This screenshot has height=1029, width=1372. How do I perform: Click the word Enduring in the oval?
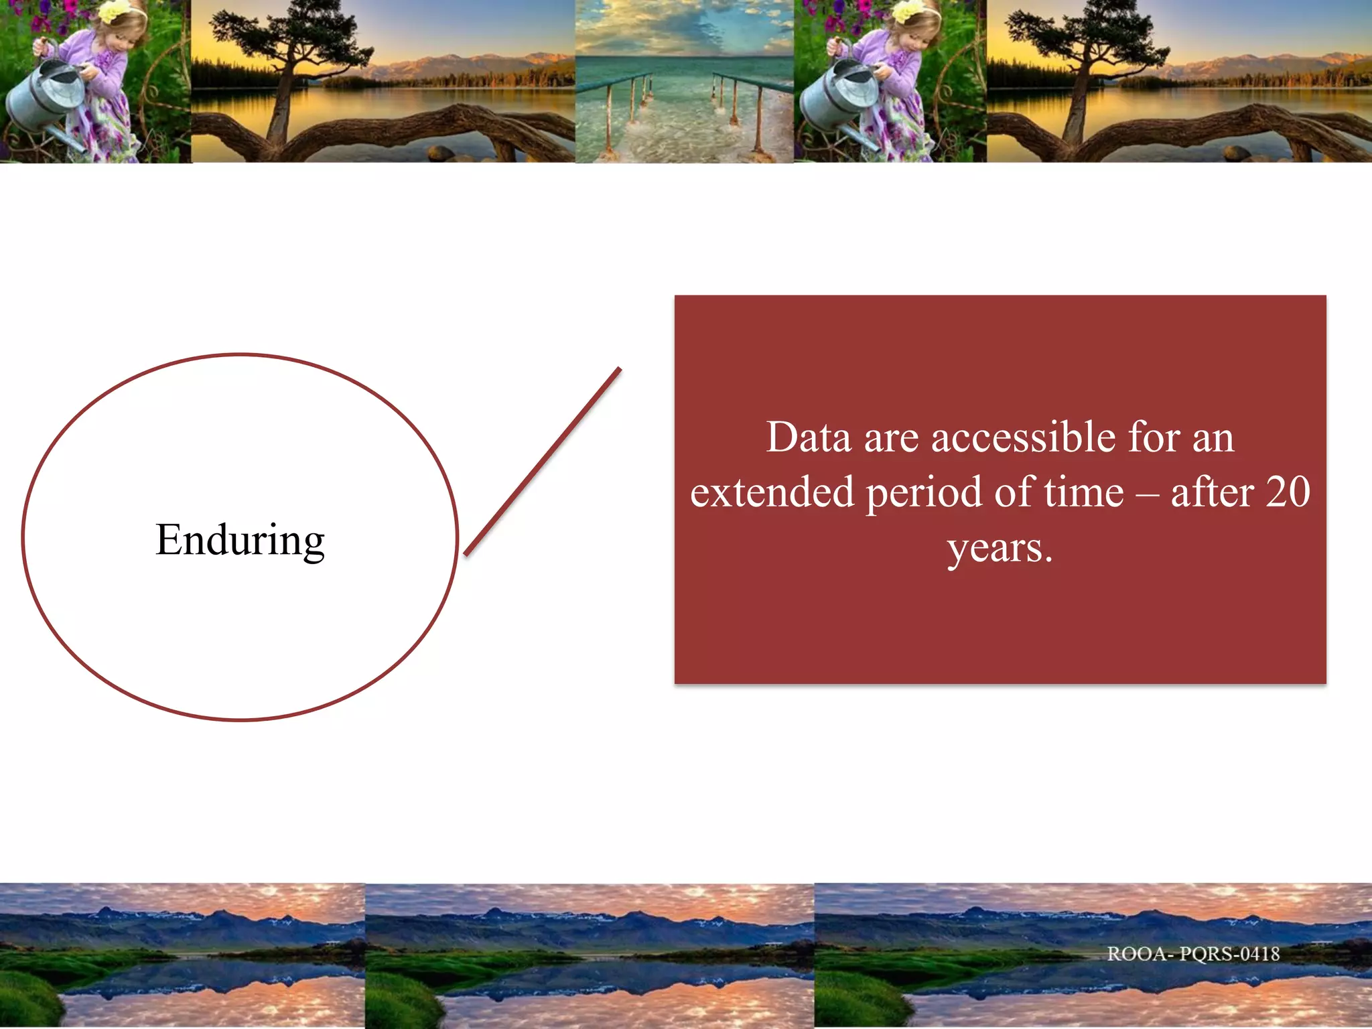tap(240, 540)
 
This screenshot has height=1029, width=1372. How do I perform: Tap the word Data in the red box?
tap(809, 437)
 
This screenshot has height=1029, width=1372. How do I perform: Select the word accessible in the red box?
tap(1023, 437)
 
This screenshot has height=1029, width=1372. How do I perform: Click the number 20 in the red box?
tap(1288, 492)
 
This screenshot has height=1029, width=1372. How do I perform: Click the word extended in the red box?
tap(772, 492)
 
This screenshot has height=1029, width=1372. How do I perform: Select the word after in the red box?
tap(1212, 492)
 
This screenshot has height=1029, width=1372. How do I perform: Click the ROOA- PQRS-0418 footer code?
tap(1193, 953)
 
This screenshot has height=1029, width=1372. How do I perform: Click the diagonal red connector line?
tap(543, 462)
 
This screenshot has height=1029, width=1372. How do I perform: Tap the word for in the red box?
tap(1154, 437)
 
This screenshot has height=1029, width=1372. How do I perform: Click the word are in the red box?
tap(891, 439)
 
